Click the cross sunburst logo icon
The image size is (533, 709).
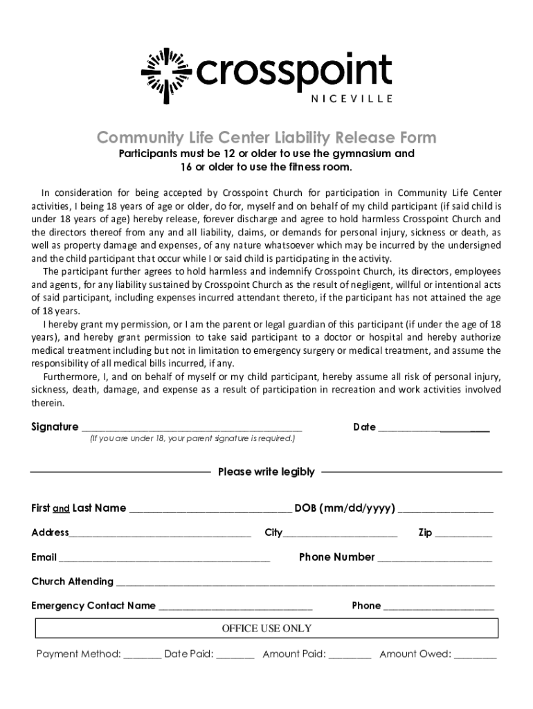tap(165, 72)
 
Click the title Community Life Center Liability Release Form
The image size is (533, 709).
tap(266, 137)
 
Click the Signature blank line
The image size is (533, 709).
tap(192, 428)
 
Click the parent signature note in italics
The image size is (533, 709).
tap(192, 439)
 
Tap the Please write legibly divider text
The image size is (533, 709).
tap(266, 472)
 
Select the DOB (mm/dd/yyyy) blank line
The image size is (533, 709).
tap(446, 510)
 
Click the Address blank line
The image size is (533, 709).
tap(160, 534)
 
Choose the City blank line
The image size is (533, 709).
tap(341, 534)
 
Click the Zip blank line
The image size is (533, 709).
tap(464, 534)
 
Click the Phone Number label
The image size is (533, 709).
tap(336, 557)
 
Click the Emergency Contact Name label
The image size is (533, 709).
tap(93, 606)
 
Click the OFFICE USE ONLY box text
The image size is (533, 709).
tap(266, 629)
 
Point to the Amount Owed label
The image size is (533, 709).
tap(415, 654)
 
